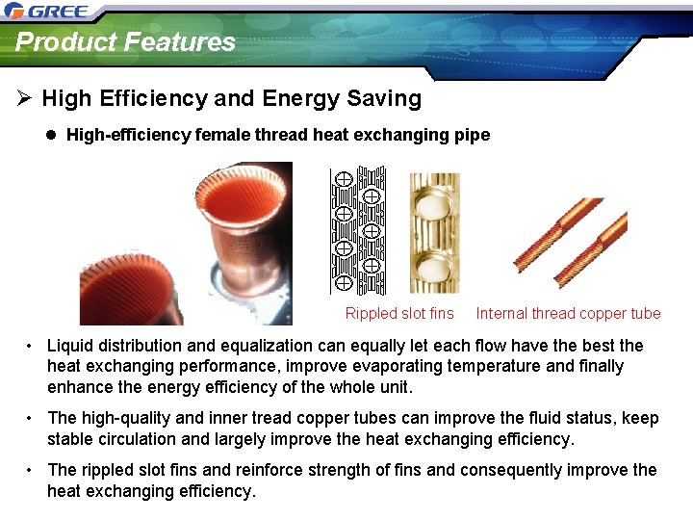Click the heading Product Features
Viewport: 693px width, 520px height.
click(x=125, y=42)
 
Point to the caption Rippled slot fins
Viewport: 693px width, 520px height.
click(x=399, y=313)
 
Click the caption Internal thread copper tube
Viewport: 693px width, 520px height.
click(x=568, y=313)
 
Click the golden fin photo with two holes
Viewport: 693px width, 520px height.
click(x=434, y=233)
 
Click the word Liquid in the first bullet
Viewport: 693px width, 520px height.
click(x=72, y=346)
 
